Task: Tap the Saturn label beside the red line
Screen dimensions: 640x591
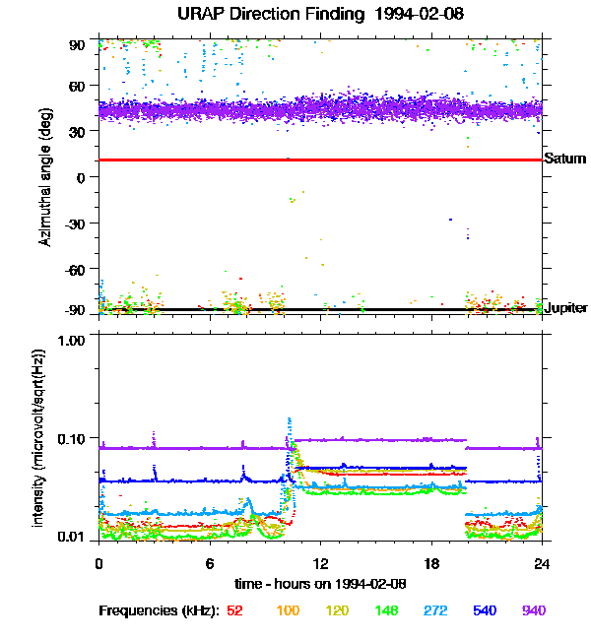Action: pyautogui.click(x=564, y=159)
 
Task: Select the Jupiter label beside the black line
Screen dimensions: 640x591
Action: pyautogui.click(x=566, y=308)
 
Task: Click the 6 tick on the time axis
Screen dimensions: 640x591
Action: pyautogui.click(x=210, y=563)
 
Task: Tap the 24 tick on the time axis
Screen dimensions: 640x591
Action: pyautogui.click(x=542, y=563)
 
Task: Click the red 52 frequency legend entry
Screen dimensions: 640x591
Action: pyautogui.click(x=235, y=610)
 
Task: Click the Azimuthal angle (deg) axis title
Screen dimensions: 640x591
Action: pyautogui.click(x=46, y=178)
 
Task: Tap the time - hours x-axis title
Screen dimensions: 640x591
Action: pyautogui.click(x=321, y=584)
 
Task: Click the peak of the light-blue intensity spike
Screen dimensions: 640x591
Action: pyautogui.click(x=290, y=418)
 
